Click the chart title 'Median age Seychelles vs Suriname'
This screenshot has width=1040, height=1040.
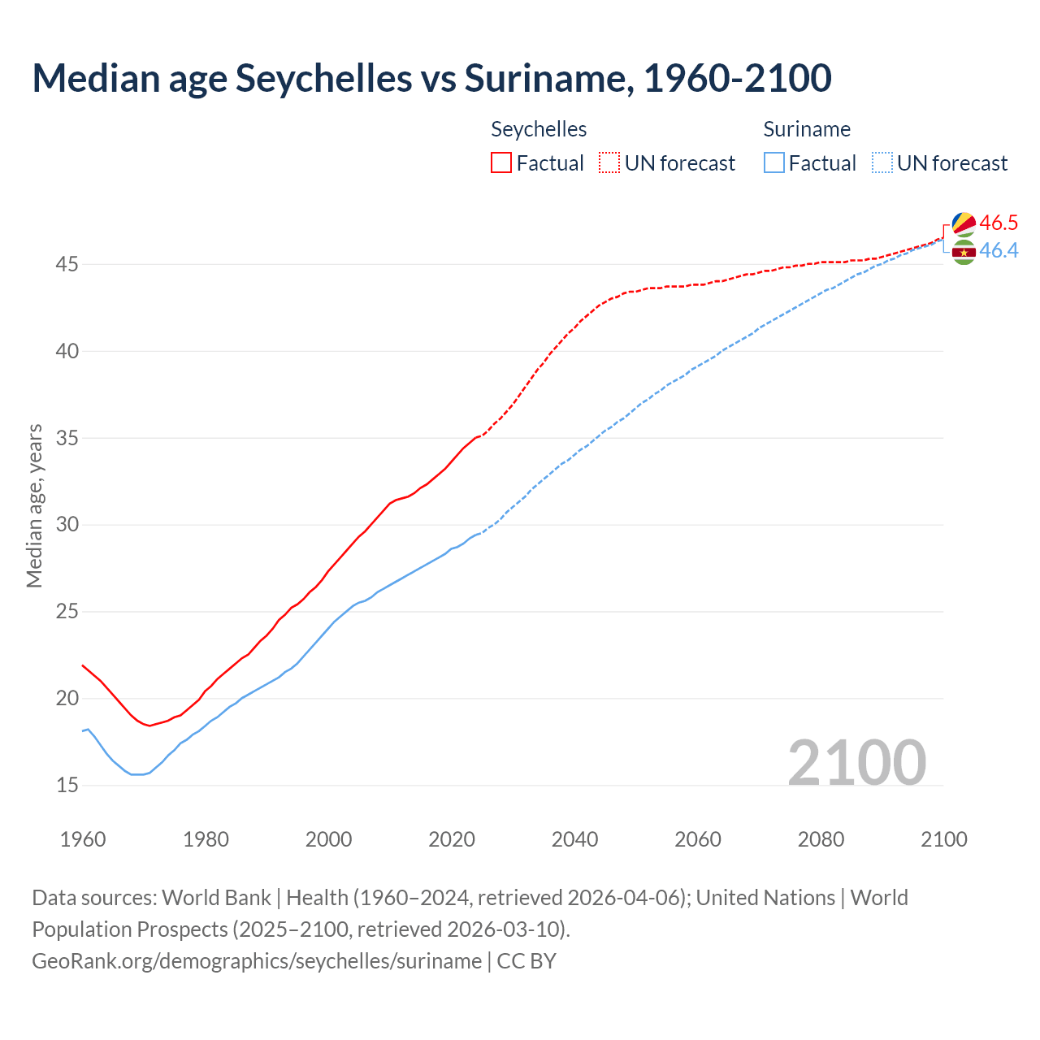click(x=431, y=78)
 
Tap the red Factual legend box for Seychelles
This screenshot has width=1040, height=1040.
click(x=501, y=163)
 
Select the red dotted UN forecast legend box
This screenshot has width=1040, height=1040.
click(x=609, y=163)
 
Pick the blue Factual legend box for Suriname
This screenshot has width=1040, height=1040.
click(x=774, y=163)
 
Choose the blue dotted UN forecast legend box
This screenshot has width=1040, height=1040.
click(x=882, y=163)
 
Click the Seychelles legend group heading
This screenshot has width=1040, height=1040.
click(x=539, y=129)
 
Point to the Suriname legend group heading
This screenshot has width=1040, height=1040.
click(x=807, y=129)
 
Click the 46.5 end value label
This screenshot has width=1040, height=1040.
click(x=999, y=223)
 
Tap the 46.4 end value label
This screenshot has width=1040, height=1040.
click(x=999, y=250)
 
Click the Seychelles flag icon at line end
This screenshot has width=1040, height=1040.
click(x=964, y=224)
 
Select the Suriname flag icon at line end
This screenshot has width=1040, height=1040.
click(x=964, y=253)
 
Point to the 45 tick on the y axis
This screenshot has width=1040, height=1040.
click(x=67, y=265)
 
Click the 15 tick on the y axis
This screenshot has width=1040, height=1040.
click(x=67, y=786)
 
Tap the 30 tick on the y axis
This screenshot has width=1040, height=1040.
click(x=67, y=525)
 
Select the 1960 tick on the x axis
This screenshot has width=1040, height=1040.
click(x=83, y=839)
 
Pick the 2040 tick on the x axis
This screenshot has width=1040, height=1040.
click(x=574, y=839)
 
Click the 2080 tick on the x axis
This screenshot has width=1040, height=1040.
click(x=821, y=839)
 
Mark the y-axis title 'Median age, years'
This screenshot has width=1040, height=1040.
click(x=34, y=505)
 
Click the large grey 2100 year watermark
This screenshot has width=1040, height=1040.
click(x=856, y=762)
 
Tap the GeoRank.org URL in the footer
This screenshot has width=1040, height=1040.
click(x=257, y=961)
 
